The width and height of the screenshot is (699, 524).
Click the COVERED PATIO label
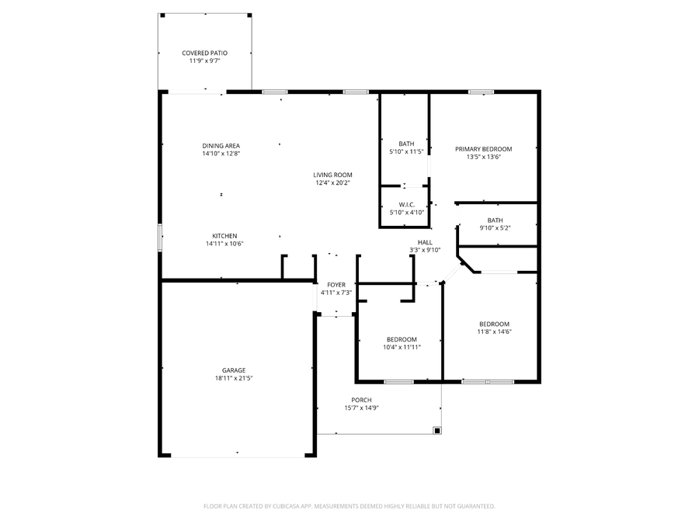[x=205, y=53]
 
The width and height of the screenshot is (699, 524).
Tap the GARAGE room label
[x=234, y=370]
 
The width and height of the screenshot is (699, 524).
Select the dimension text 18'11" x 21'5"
[x=234, y=378]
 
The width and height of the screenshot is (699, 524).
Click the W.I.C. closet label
[x=406, y=204]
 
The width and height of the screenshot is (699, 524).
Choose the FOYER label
[x=336, y=285]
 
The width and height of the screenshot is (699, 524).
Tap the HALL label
[x=425, y=242]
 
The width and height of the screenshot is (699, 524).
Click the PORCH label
[x=361, y=400]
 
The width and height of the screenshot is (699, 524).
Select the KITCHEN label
[x=224, y=236]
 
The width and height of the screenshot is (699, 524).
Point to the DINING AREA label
[x=221, y=146]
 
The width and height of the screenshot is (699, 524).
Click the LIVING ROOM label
[x=332, y=175]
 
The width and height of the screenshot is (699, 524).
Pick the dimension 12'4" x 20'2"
[x=332, y=183]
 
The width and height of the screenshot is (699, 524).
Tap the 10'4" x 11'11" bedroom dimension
[x=402, y=347]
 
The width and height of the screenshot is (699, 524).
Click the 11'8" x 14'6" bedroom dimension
[x=494, y=331]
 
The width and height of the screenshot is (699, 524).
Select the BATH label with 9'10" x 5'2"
[x=495, y=220]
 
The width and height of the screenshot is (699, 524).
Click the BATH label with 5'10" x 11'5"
[x=406, y=144]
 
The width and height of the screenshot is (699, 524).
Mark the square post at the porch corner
[x=437, y=429]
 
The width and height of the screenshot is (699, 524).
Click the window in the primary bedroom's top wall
[x=481, y=92]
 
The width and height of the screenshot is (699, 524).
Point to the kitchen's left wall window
[x=160, y=237]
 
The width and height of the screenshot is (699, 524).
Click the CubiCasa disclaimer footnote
[x=349, y=506]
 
